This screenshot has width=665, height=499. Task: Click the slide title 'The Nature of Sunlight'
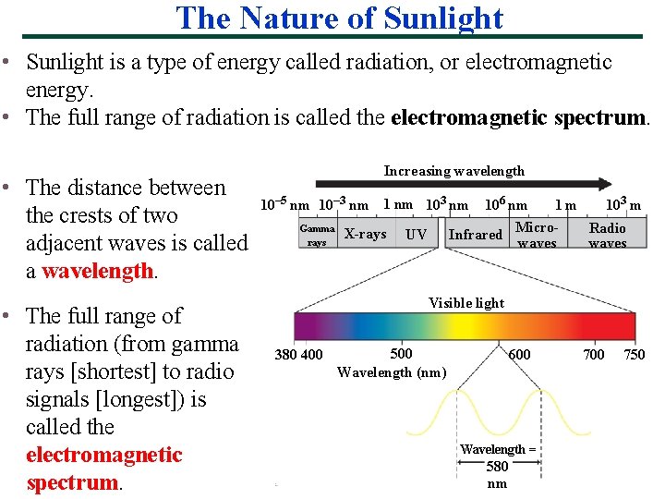[339, 18]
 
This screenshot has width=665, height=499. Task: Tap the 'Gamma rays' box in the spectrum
[317, 235]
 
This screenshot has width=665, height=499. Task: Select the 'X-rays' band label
[365, 234]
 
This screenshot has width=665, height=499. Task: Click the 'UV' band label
[416, 235]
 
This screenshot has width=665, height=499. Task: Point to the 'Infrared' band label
[475, 235]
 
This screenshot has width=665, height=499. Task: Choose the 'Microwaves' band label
[537, 235]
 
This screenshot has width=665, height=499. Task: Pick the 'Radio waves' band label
[607, 235]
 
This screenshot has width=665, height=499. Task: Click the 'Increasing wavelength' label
[453, 171]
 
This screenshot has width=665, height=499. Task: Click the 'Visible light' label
[466, 303]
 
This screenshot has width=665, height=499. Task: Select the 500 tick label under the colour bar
[401, 354]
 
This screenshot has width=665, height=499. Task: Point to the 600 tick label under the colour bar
[520, 355]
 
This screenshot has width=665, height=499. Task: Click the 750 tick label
[634, 355]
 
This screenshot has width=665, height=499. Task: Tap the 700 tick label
[594, 355]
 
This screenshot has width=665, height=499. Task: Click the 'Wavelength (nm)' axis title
[391, 372]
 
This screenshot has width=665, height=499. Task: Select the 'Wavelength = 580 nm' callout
[497, 466]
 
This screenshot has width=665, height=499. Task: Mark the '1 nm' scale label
[397, 204]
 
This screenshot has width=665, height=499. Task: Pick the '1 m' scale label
[565, 205]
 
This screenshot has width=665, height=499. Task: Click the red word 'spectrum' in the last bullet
[72, 482]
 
